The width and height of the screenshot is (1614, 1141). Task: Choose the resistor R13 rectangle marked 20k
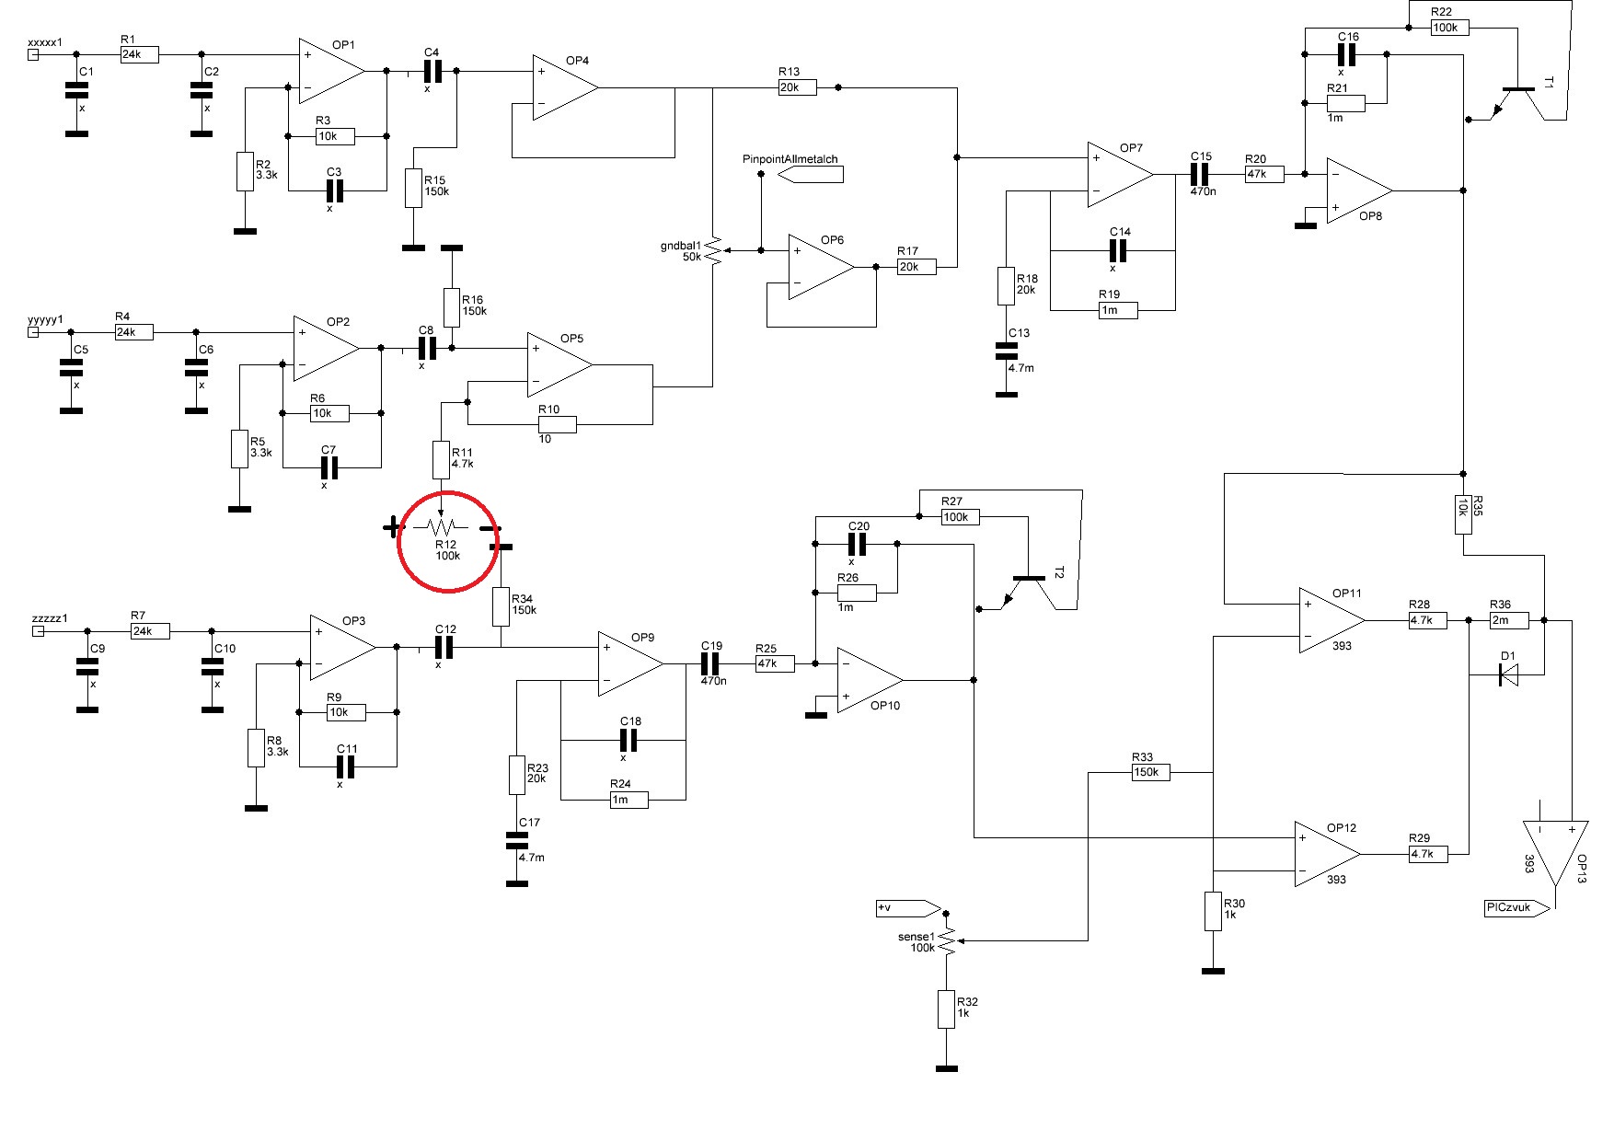[797, 87]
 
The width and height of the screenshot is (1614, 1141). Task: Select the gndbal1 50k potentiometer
[714, 249]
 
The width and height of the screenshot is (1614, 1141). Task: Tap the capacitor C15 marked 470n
[1201, 174]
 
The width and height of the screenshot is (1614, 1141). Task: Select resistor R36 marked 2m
[1509, 620]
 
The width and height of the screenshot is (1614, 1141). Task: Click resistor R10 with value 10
[558, 424]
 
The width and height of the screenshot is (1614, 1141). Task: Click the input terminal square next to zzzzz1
[38, 631]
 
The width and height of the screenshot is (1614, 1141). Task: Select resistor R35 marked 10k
[1463, 515]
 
